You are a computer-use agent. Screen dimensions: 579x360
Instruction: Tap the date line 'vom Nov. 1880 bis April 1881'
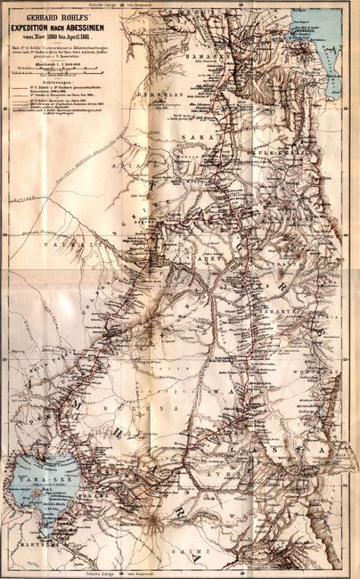(x=59, y=39)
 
